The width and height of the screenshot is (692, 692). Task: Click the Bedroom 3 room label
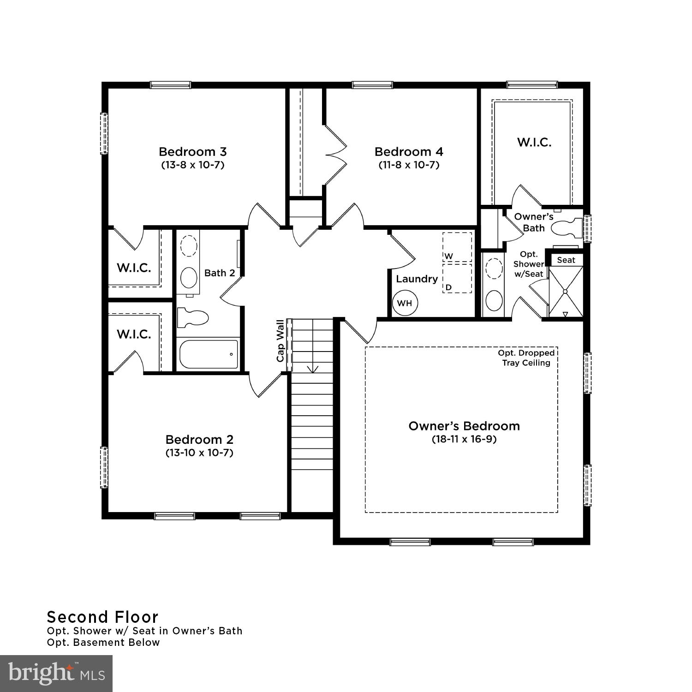(x=192, y=152)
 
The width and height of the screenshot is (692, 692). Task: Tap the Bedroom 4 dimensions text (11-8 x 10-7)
(x=409, y=165)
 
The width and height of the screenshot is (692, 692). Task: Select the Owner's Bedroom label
(x=464, y=426)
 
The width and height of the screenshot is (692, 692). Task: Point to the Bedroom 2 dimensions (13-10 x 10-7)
(x=199, y=453)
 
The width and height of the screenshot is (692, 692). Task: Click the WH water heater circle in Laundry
(x=405, y=304)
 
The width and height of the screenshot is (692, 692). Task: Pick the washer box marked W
(x=457, y=247)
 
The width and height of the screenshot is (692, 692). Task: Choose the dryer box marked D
(x=457, y=278)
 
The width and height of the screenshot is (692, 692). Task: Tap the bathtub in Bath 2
(x=208, y=354)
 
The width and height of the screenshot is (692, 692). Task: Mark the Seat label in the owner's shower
(x=566, y=260)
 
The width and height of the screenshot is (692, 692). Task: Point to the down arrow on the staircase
(x=313, y=368)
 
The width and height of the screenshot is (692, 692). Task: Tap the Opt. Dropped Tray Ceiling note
(x=526, y=358)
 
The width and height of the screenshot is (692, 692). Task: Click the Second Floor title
(x=102, y=617)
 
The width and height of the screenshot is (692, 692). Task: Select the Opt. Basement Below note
(x=103, y=643)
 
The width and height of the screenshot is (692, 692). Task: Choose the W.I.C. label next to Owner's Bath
(x=534, y=142)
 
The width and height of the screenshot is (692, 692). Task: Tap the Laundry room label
(x=417, y=279)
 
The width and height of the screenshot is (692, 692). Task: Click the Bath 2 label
(x=220, y=273)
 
